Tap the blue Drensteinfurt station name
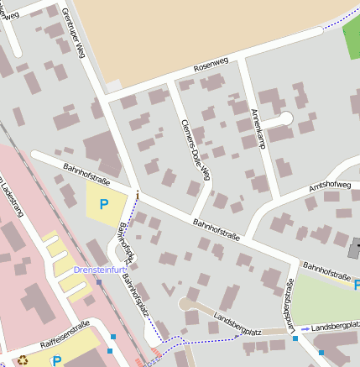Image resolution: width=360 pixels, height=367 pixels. pos(99,270)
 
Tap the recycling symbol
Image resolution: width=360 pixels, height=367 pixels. pos(23,360)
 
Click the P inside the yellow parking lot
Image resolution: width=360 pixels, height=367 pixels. pos(104,203)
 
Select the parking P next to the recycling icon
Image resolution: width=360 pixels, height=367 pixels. pos(57,360)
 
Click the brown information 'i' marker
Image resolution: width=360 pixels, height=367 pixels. pos(138,195)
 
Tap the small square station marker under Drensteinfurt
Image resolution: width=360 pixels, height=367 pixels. pos(99,282)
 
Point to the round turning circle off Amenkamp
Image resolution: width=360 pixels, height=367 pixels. pos(286,118)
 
